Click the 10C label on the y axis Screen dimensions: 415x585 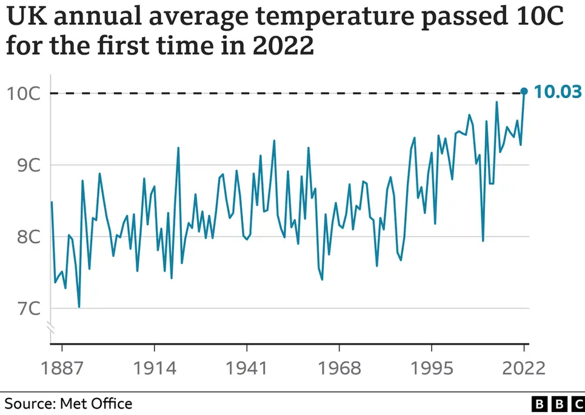point(24,93)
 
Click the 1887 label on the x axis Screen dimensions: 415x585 point(62,368)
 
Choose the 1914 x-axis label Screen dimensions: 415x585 point(154,368)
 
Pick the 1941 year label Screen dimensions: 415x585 point(247,368)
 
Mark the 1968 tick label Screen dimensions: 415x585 point(339,368)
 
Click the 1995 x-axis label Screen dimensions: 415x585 point(432,368)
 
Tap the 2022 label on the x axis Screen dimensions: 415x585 point(523,368)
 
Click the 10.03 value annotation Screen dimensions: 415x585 point(558,92)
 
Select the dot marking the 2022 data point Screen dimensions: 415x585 point(524,91)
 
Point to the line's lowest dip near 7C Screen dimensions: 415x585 point(79,307)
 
